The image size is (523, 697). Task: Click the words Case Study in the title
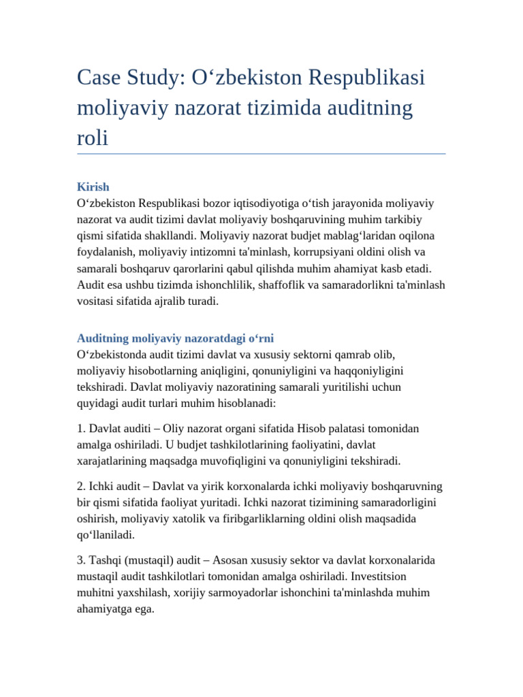126,78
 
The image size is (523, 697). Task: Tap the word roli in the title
93,137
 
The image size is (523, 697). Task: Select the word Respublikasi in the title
368,78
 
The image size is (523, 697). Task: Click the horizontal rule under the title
261,154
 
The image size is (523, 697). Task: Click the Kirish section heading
93,187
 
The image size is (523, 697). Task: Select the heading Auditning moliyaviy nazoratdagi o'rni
176,338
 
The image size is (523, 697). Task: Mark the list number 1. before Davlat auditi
82,428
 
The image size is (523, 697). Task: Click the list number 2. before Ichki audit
82,486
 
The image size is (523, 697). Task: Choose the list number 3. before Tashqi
82,560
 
